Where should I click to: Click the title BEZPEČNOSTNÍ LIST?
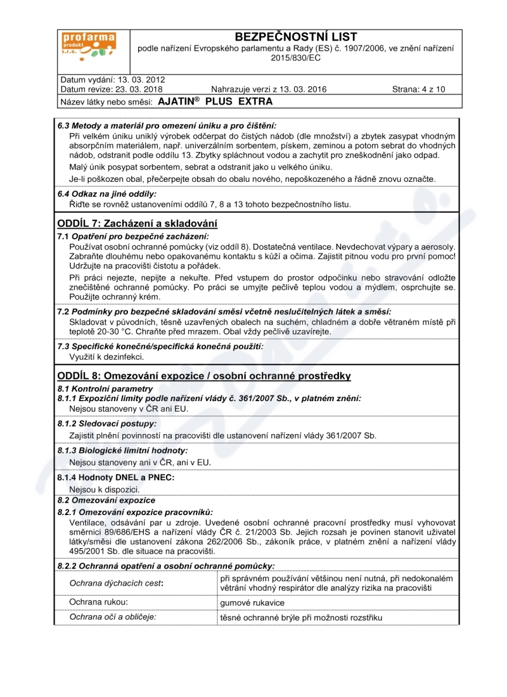coord(295,37)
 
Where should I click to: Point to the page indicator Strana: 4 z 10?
coord(418,89)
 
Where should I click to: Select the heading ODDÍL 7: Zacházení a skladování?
coord(138,223)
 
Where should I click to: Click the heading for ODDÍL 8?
coord(204,376)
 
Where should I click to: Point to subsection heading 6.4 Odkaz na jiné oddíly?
coord(107,194)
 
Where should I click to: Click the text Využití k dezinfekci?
coord(102,356)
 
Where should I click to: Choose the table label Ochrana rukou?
coord(99,601)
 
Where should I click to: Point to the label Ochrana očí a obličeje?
coord(113,616)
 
